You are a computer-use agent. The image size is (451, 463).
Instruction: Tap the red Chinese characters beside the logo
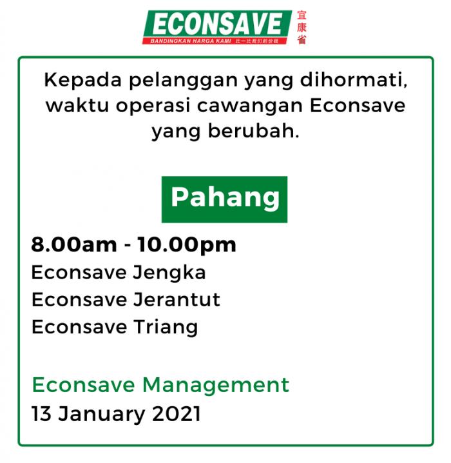tap(302, 27)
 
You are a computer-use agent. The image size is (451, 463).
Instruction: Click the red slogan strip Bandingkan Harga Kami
tap(215, 41)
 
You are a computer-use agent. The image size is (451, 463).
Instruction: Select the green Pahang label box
tap(224, 199)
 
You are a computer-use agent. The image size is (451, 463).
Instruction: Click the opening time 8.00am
tap(74, 245)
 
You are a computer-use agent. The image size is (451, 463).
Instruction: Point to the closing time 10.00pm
tap(187, 246)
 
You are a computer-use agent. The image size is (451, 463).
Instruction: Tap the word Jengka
tap(169, 273)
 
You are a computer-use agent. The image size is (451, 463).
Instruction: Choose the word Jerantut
tap(177, 299)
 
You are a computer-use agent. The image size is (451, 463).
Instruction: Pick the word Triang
tap(166, 328)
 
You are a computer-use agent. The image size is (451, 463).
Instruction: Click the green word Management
tap(216, 385)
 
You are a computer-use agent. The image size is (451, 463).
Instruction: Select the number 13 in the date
tap(41, 413)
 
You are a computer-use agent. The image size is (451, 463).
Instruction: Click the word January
tap(101, 415)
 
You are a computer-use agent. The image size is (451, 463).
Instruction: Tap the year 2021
tap(176, 413)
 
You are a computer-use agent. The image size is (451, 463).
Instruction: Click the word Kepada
tap(83, 80)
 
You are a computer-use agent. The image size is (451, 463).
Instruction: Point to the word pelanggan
tap(183, 81)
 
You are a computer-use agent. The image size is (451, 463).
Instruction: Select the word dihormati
tap(354, 80)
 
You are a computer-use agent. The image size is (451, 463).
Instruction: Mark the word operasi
tap(153, 106)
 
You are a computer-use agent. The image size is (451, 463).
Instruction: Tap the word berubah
tap(254, 131)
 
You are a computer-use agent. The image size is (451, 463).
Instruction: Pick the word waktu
tap(77, 105)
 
